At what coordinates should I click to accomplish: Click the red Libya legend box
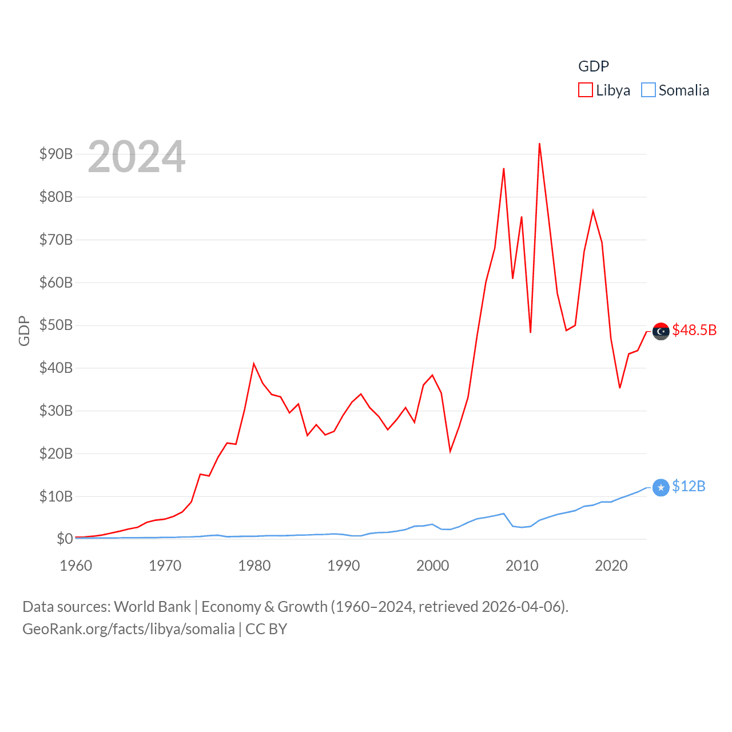coord(585,90)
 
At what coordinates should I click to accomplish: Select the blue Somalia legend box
coord(648,90)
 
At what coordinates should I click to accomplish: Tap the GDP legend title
coord(593,66)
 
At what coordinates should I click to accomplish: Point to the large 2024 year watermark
coord(137,157)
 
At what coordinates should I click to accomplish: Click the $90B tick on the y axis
coord(56,154)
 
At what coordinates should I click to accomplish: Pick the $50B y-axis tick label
coord(56,325)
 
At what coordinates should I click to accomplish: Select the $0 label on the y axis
coord(64,539)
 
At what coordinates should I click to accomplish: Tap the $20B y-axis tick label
coord(56,453)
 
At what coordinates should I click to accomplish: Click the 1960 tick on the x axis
coord(76,566)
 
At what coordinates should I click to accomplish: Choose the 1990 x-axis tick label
coord(344,566)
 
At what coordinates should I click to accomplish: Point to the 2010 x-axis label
coord(522,566)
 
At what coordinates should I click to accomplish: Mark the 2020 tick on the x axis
coord(611,566)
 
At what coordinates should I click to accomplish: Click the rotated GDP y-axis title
coord(24,331)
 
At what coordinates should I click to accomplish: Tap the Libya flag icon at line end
coord(661,331)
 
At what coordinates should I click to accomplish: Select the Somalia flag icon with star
coord(661,487)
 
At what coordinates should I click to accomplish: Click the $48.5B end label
coord(694,330)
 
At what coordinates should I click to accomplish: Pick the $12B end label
coord(689,486)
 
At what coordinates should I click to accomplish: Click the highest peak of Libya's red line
coord(539,144)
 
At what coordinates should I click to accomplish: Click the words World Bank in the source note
coord(153,606)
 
